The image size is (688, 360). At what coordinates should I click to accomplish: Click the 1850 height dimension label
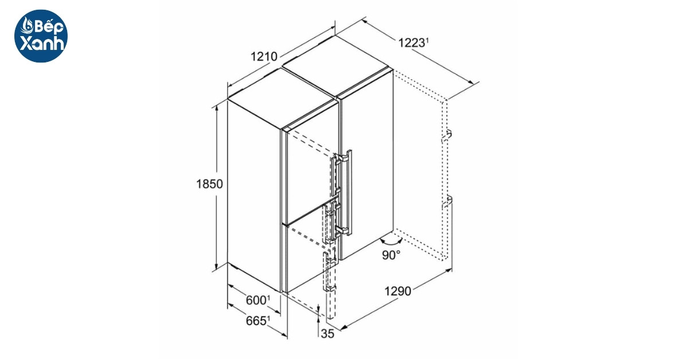(209, 184)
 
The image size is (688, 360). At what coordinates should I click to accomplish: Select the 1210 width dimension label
(264, 57)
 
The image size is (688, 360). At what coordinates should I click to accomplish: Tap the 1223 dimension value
(411, 43)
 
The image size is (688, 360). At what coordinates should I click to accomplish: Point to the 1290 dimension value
(398, 291)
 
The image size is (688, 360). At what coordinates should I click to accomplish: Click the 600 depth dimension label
(256, 300)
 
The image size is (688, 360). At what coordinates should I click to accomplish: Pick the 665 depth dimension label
(256, 320)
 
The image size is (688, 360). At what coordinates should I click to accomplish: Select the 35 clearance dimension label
(327, 334)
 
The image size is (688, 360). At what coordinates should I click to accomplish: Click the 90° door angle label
(391, 255)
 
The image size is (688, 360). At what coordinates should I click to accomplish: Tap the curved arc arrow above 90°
(391, 241)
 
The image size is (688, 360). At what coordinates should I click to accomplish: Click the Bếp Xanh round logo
(41, 36)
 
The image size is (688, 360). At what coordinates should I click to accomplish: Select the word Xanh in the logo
(42, 44)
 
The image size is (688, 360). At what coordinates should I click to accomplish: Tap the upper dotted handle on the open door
(447, 136)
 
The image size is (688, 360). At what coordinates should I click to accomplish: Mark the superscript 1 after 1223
(427, 40)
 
